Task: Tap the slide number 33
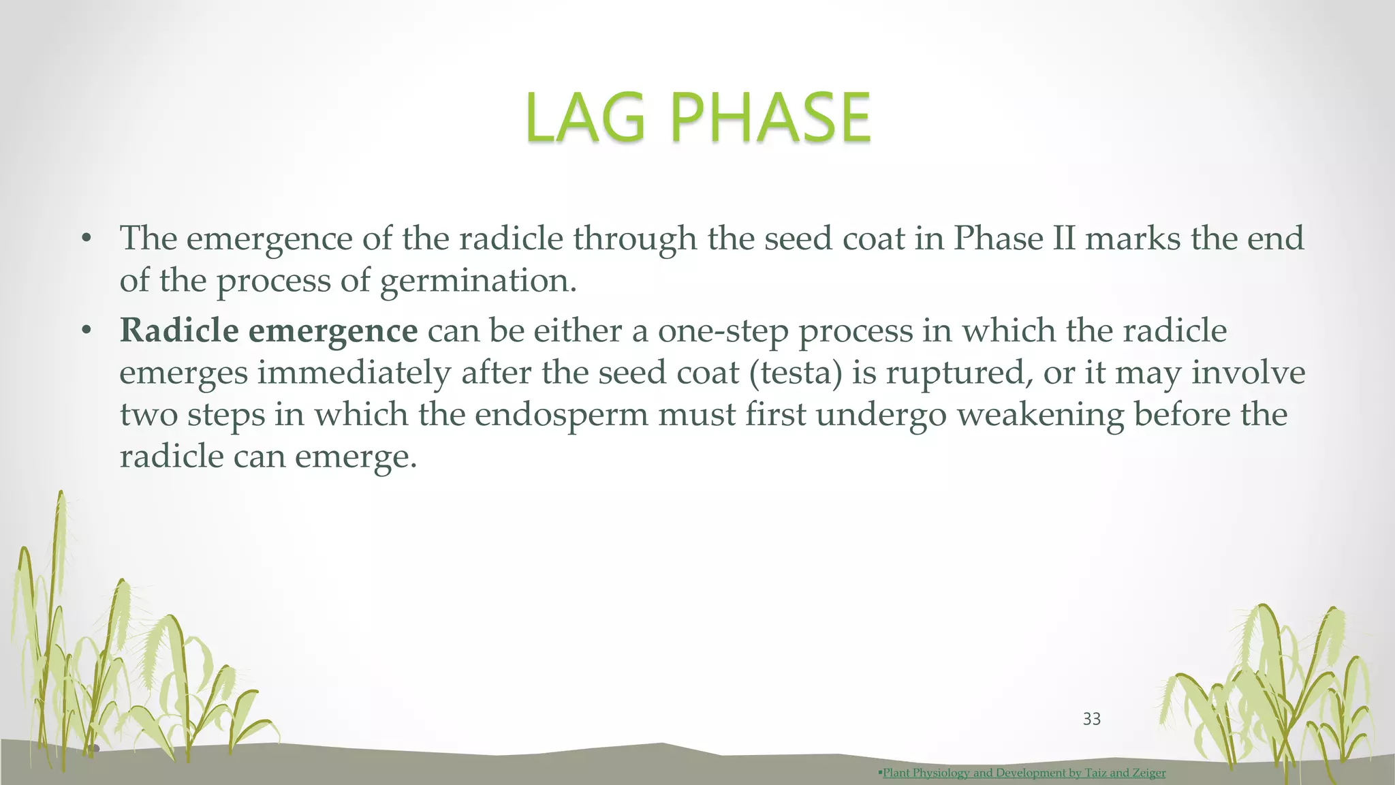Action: coord(1091,719)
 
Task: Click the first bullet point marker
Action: coord(86,239)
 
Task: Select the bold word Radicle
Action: coord(178,331)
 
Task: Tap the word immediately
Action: coord(354,373)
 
